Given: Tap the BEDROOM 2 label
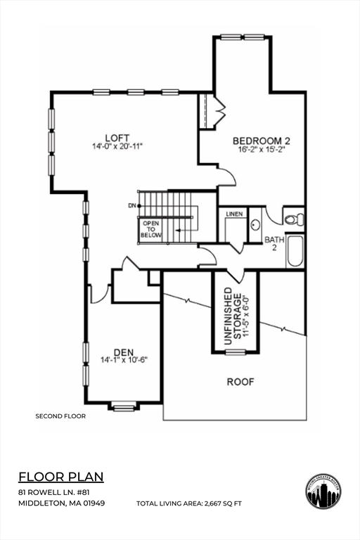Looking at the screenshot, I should (261, 141).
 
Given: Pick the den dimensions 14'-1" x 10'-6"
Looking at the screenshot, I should (123, 359).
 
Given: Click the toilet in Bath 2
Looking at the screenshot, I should (295, 219).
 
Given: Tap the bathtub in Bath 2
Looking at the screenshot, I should (295, 251).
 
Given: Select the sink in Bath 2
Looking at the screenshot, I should (255, 226).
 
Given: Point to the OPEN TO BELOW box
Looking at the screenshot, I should (151, 229).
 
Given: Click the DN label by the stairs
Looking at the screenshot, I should (131, 205).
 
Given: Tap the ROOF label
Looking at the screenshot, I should (240, 382).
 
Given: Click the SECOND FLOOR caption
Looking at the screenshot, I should (60, 416).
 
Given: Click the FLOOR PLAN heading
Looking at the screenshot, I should (60, 477).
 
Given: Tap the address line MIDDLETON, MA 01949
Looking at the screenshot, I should (61, 503).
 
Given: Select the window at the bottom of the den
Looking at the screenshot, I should (124, 406).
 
